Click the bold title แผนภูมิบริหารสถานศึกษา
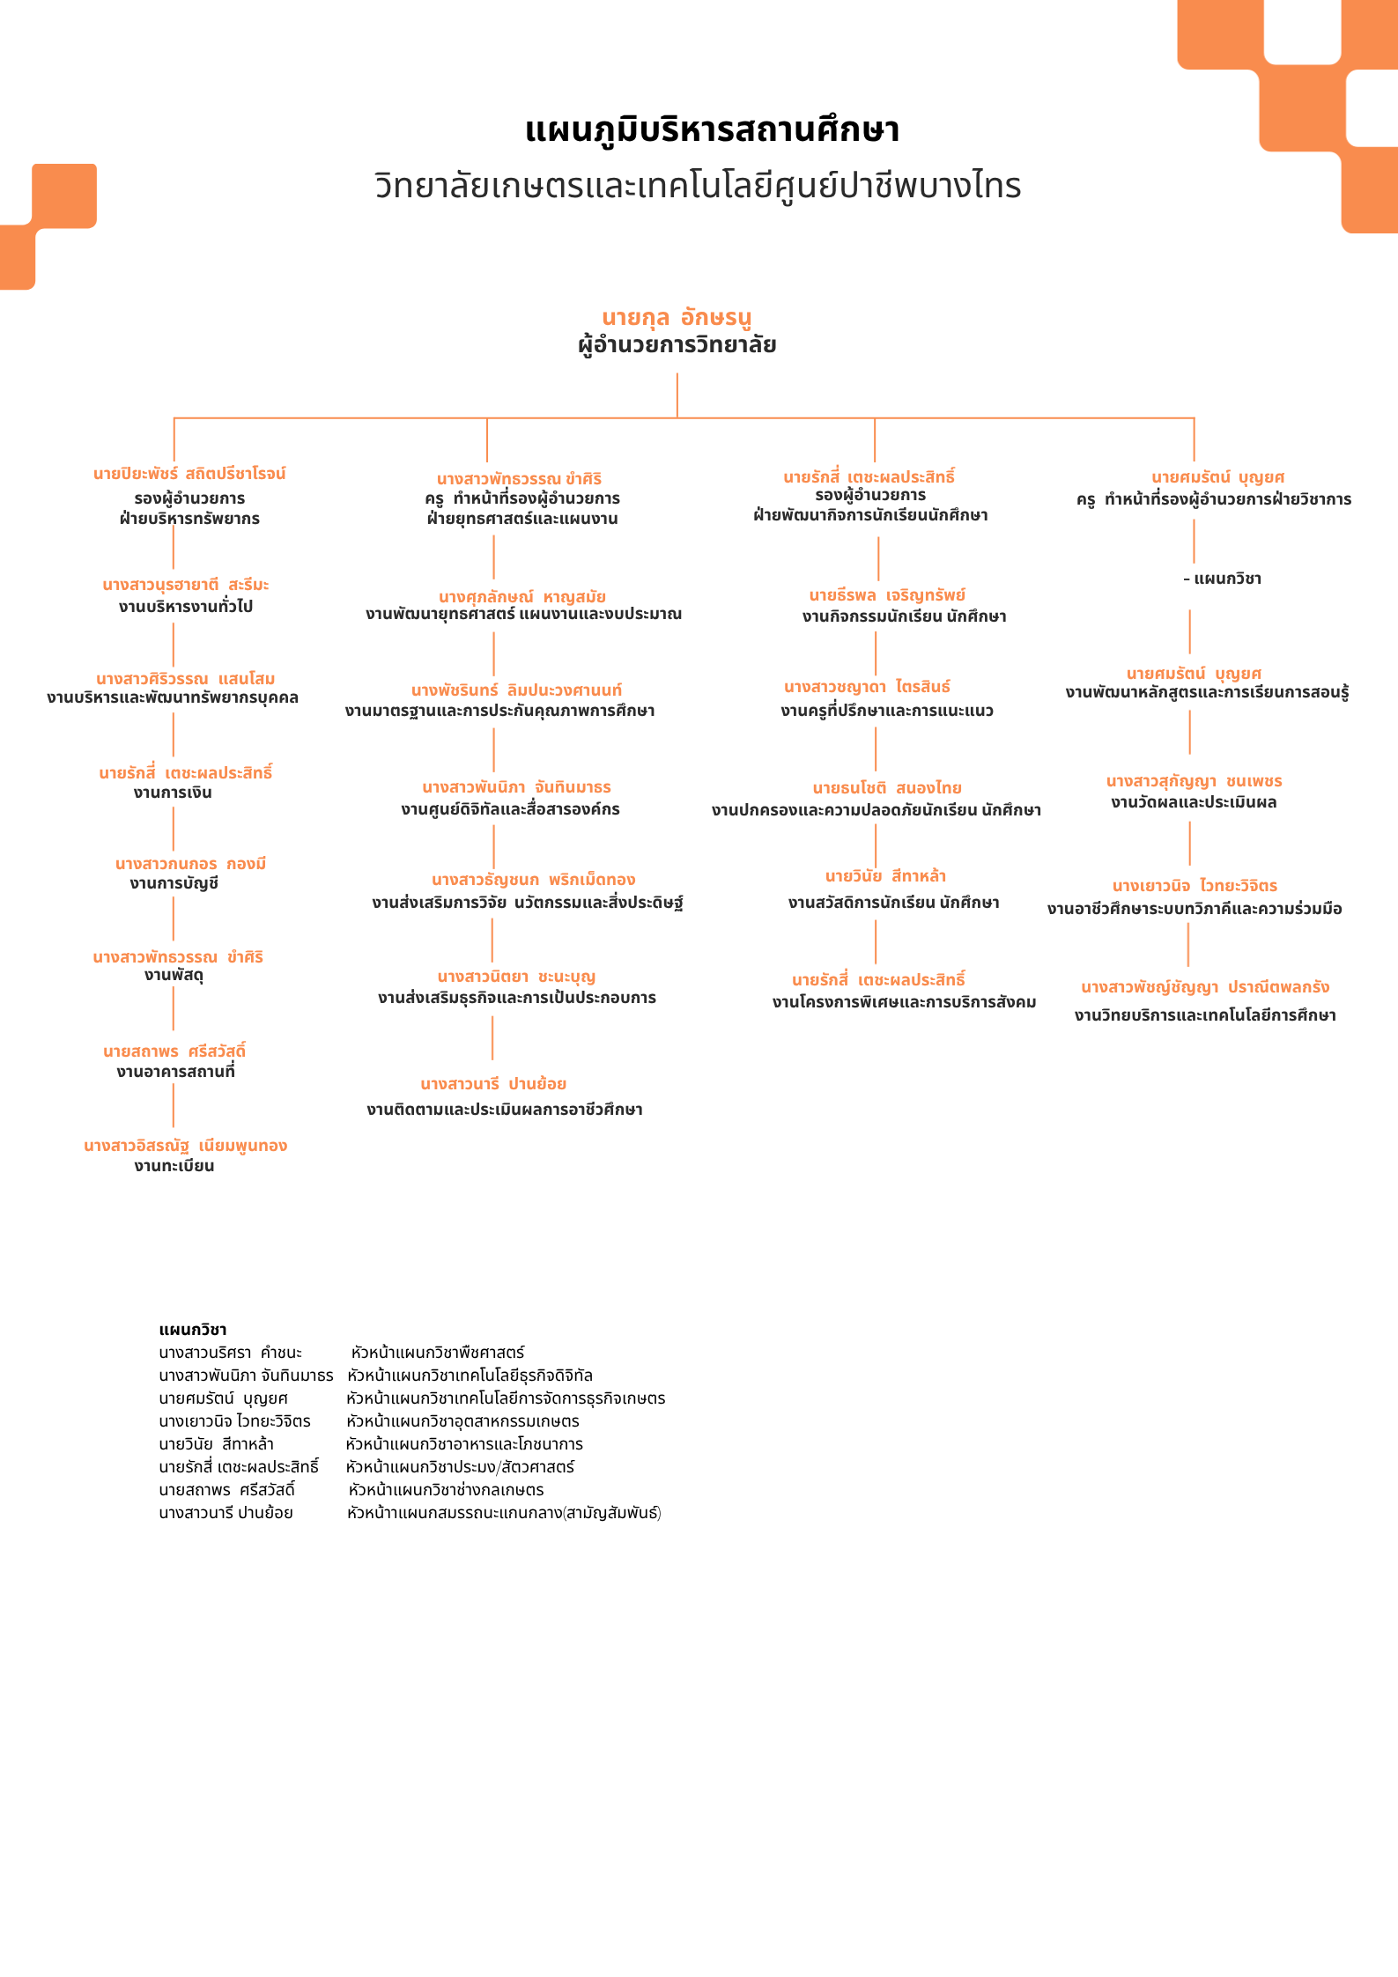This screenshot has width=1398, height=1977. pos(712,130)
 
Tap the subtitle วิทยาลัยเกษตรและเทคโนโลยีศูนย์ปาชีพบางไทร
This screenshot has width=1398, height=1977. pos(698,186)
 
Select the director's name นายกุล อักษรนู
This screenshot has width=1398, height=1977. pos(677,317)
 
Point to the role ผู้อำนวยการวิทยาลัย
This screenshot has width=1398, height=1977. pos(677,344)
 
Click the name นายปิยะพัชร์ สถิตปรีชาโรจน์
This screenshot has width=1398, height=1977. pos(189,474)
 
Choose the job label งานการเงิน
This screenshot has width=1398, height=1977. pos(173,793)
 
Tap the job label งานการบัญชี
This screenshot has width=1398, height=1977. pos(174,883)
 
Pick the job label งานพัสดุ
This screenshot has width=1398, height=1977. pos(174,975)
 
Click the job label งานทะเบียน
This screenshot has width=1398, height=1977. pos(174,1166)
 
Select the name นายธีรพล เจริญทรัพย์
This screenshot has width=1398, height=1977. pos(887,596)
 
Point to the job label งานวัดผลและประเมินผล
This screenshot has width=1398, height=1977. pos(1194,802)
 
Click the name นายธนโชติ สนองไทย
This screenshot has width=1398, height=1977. pos(887,788)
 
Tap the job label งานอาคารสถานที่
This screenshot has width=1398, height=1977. pos(175,1072)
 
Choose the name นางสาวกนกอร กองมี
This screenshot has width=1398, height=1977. pos(190,864)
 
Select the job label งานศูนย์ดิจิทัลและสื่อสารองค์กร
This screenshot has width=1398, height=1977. pos(510,809)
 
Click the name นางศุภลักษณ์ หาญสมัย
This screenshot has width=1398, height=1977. pos(521,597)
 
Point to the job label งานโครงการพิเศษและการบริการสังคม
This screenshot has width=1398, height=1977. pos(904,1002)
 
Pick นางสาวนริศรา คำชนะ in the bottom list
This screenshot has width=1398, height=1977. pos(230,1353)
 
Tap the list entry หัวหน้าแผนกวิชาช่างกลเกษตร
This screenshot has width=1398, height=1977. pos(446,1490)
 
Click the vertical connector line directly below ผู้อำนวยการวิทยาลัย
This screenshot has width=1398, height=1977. pos(677,395)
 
